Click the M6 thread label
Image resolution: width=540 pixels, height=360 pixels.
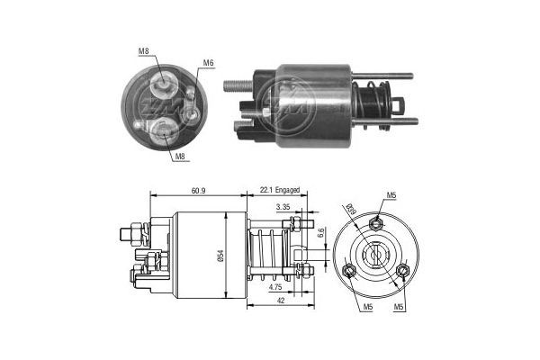click(208, 63)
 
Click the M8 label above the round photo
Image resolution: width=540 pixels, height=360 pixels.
click(144, 52)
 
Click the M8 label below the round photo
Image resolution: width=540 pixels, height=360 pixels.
click(180, 157)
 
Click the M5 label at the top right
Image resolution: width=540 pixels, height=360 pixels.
click(391, 195)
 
